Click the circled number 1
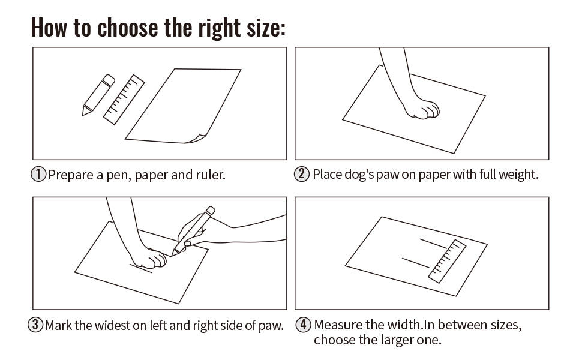click(38, 175)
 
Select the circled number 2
click(301, 175)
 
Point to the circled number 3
click(36, 326)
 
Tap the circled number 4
click(304, 326)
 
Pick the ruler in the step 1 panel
click(124, 99)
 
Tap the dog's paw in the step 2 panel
click(422, 109)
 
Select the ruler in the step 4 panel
click(448, 260)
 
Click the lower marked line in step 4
click(416, 262)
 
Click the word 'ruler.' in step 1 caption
click(211, 175)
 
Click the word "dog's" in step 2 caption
click(365, 175)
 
